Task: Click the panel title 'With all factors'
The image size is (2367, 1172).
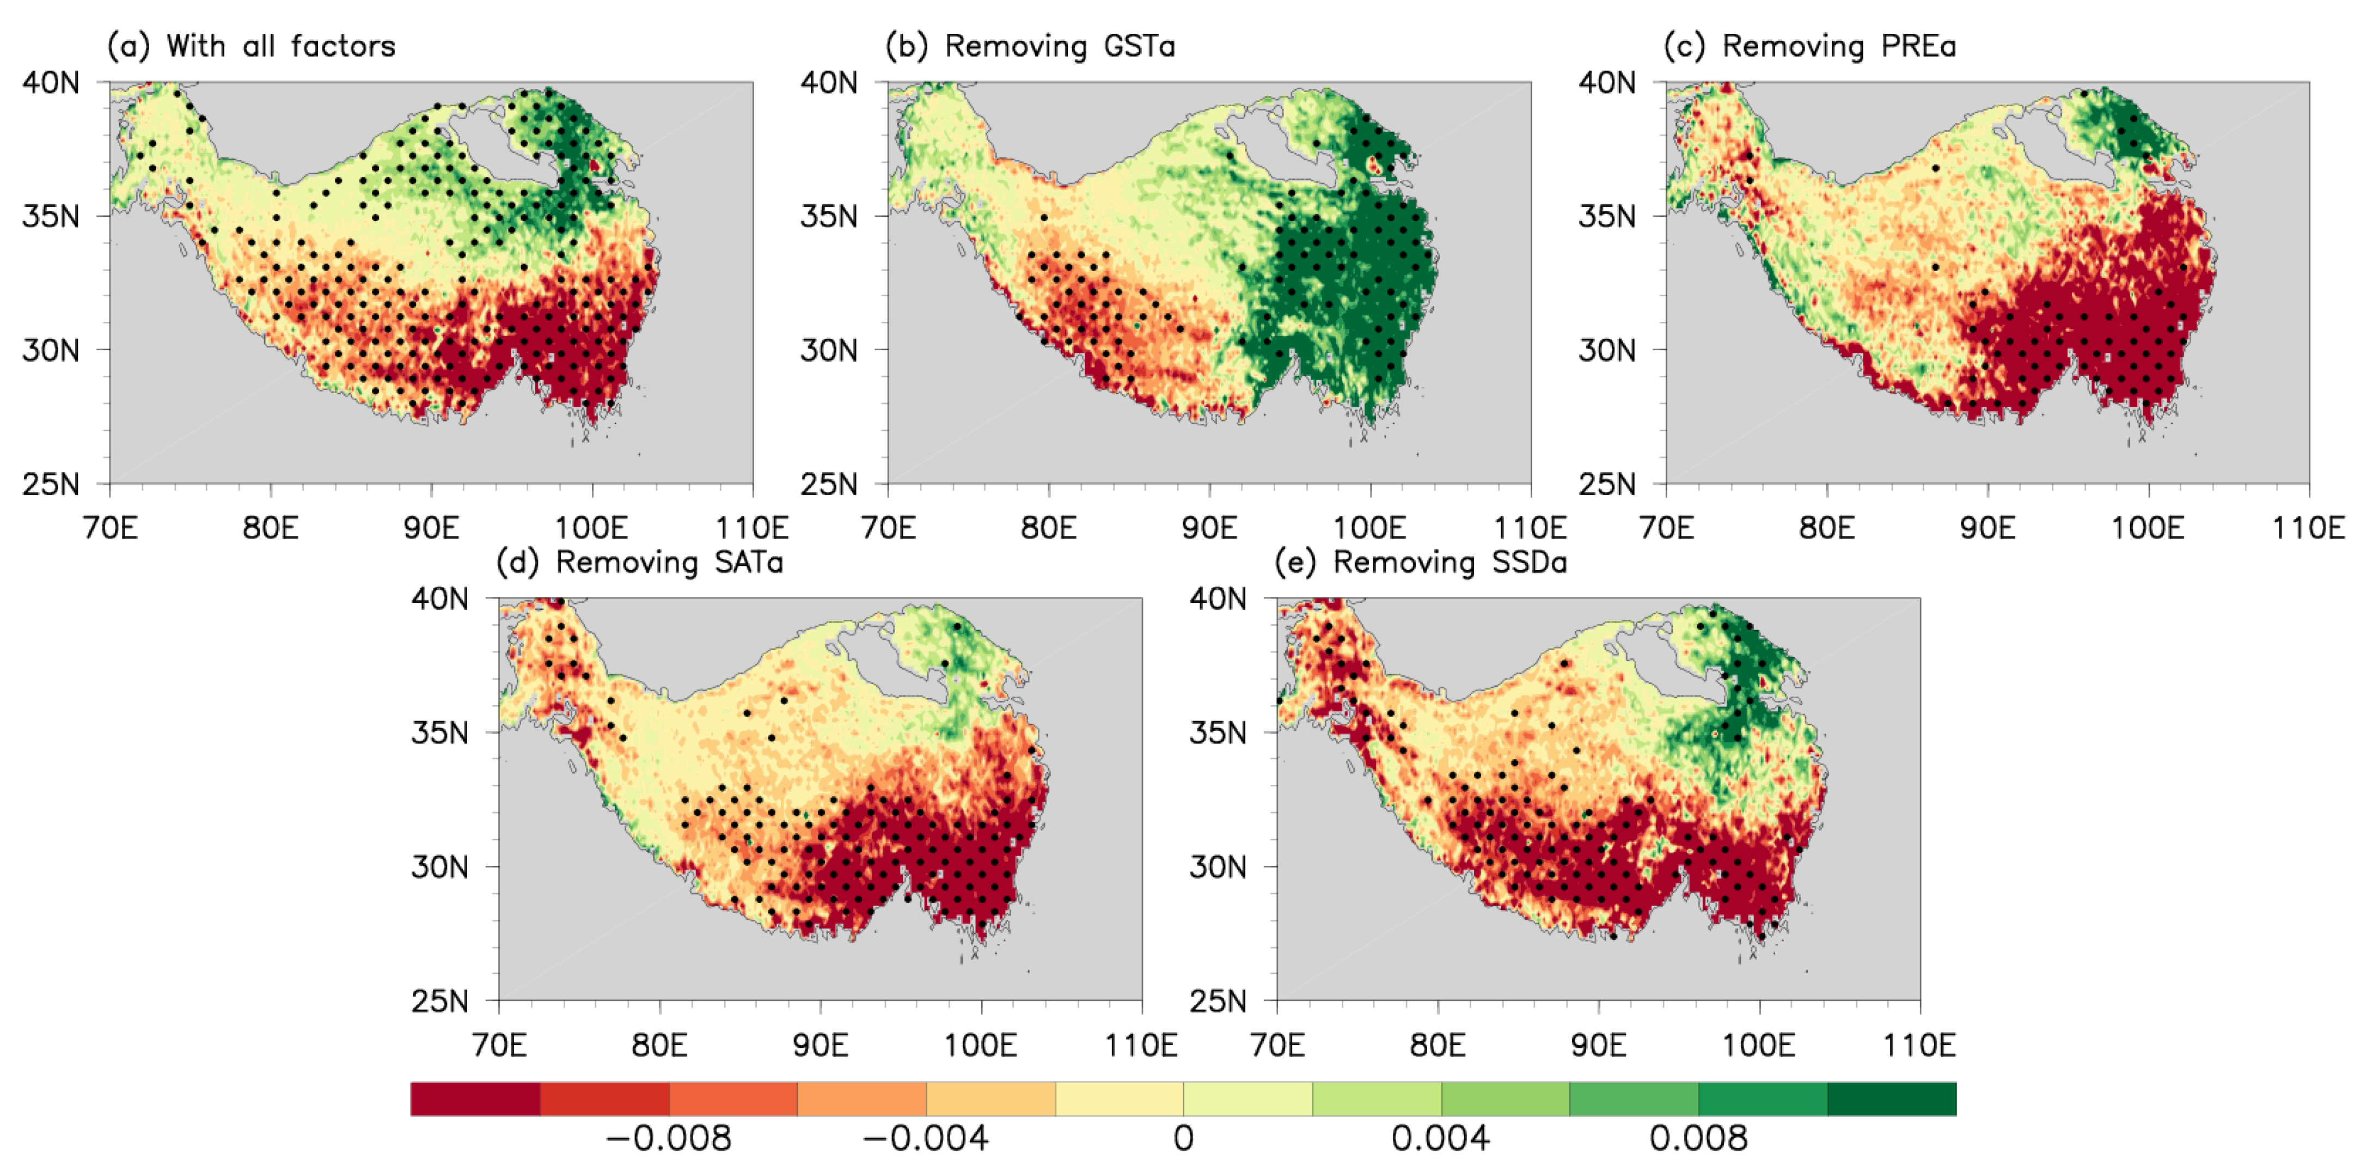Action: [280, 46]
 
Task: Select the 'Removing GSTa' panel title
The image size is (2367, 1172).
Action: [1060, 46]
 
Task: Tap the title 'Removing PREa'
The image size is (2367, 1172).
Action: [1838, 46]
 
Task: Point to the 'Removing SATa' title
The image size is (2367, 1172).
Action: [669, 561]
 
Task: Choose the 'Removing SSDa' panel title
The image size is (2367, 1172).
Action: [1449, 561]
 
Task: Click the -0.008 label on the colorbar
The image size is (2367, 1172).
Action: [669, 1138]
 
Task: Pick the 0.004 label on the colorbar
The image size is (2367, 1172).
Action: [1440, 1138]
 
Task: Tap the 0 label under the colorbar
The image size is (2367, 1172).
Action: [1184, 1138]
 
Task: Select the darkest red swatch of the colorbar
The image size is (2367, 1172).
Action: [475, 1098]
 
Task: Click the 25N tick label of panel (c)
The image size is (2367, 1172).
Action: [1607, 484]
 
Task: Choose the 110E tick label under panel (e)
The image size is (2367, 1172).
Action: [1919, 1045]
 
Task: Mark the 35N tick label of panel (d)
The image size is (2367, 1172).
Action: [440, 732]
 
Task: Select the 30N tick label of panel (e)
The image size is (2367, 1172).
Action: [1219, 867]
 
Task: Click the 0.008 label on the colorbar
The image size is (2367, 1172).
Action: [1698, 1138]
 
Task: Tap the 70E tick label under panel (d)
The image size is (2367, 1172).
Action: [499, 1045]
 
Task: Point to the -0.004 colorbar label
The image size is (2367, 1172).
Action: [926, 1138]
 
